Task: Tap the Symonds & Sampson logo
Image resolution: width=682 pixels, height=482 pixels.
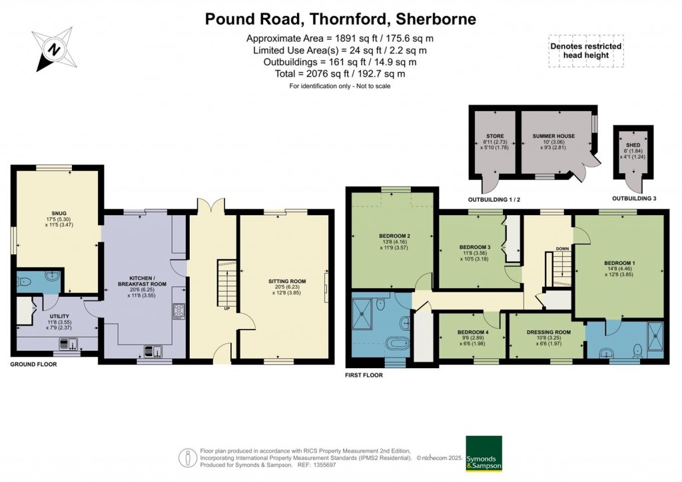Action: coord(484,454)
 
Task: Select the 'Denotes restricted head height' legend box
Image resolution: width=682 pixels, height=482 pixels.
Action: coord(586,51)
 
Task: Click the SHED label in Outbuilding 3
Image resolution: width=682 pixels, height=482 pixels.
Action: coord(631,143)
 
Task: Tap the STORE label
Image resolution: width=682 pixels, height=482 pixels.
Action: coord(494,136)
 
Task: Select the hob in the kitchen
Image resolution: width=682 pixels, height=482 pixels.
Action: coord(178,310)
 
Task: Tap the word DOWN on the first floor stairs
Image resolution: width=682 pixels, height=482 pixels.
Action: coord(562,249)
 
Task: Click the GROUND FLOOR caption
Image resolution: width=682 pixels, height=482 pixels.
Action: coord(33,365)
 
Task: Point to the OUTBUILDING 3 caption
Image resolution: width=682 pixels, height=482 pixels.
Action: coord(635,198)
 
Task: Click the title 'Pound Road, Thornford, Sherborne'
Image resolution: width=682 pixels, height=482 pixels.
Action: coord(340,19)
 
